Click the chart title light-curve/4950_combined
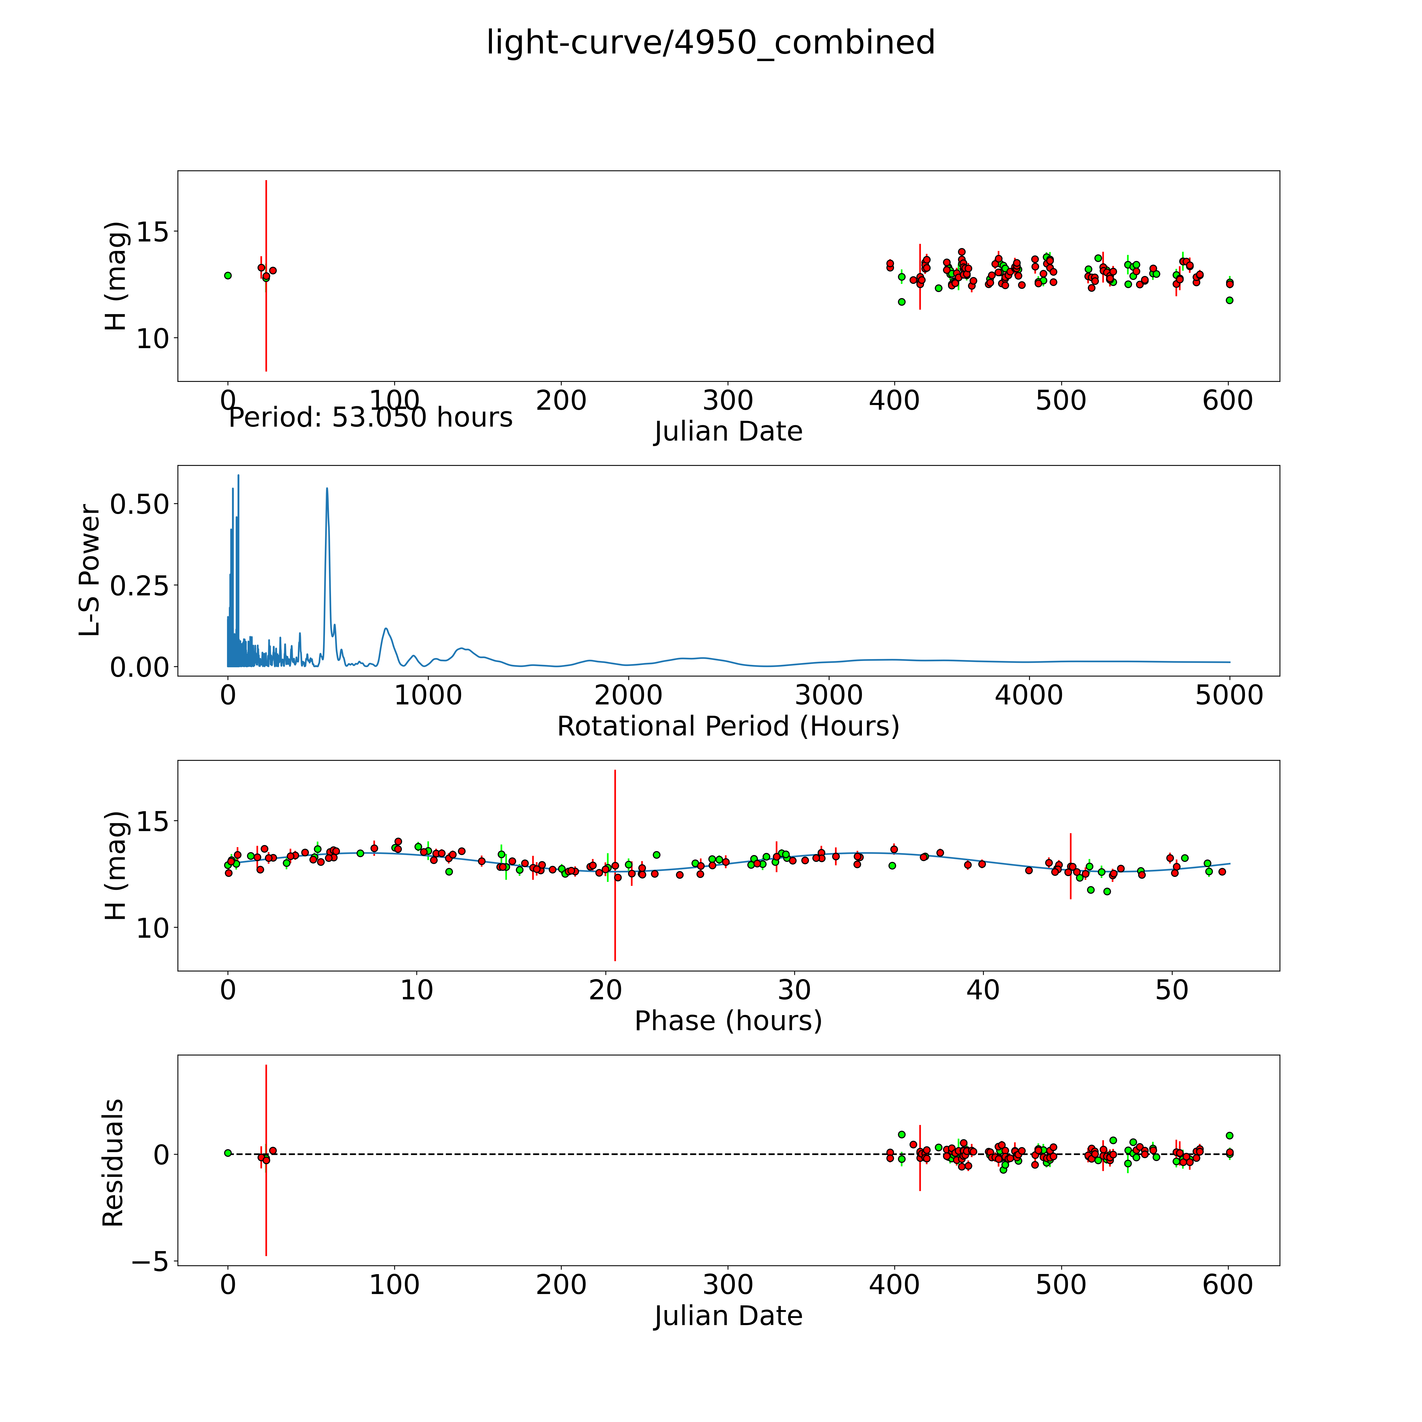coord(710,43)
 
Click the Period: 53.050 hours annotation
coord(370,417)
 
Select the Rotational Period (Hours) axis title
coord(728,727)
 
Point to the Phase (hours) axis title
coord(728,1021)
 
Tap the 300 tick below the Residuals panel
coord(728,1285)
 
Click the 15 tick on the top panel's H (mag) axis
coord(152,232)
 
